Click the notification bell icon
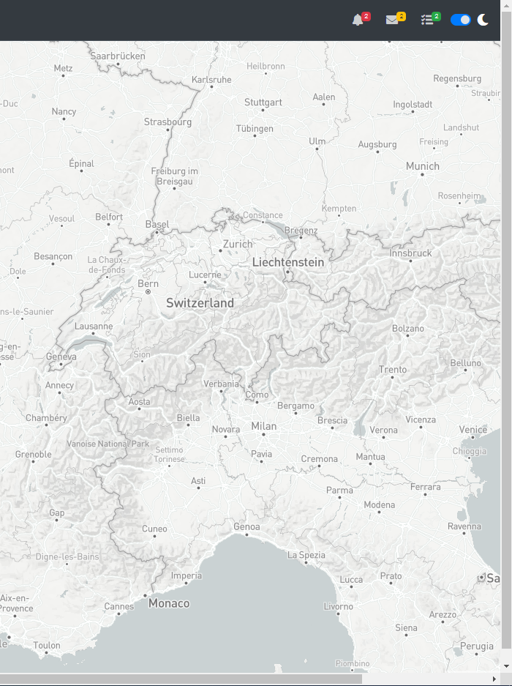coord(358,20)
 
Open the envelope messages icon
coord(393,20)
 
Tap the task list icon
coord(428,20)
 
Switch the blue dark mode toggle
coord(461,20)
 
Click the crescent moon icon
coord(483,20)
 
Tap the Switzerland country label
coord(200,303)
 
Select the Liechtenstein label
coord(287,262)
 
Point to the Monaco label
coord(169,604)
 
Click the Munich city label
coord(423,167)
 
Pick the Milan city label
coord(264,426)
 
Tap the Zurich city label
coord(237,244)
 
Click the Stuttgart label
coord(263,102)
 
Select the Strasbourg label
coord(167,122)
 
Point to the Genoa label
coord(246,527)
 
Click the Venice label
coord(473,430)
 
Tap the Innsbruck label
coord(410,253)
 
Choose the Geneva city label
coord(61,357)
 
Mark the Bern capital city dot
coord(148,292)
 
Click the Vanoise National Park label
coord(108,444)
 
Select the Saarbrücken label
coord(118,56)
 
